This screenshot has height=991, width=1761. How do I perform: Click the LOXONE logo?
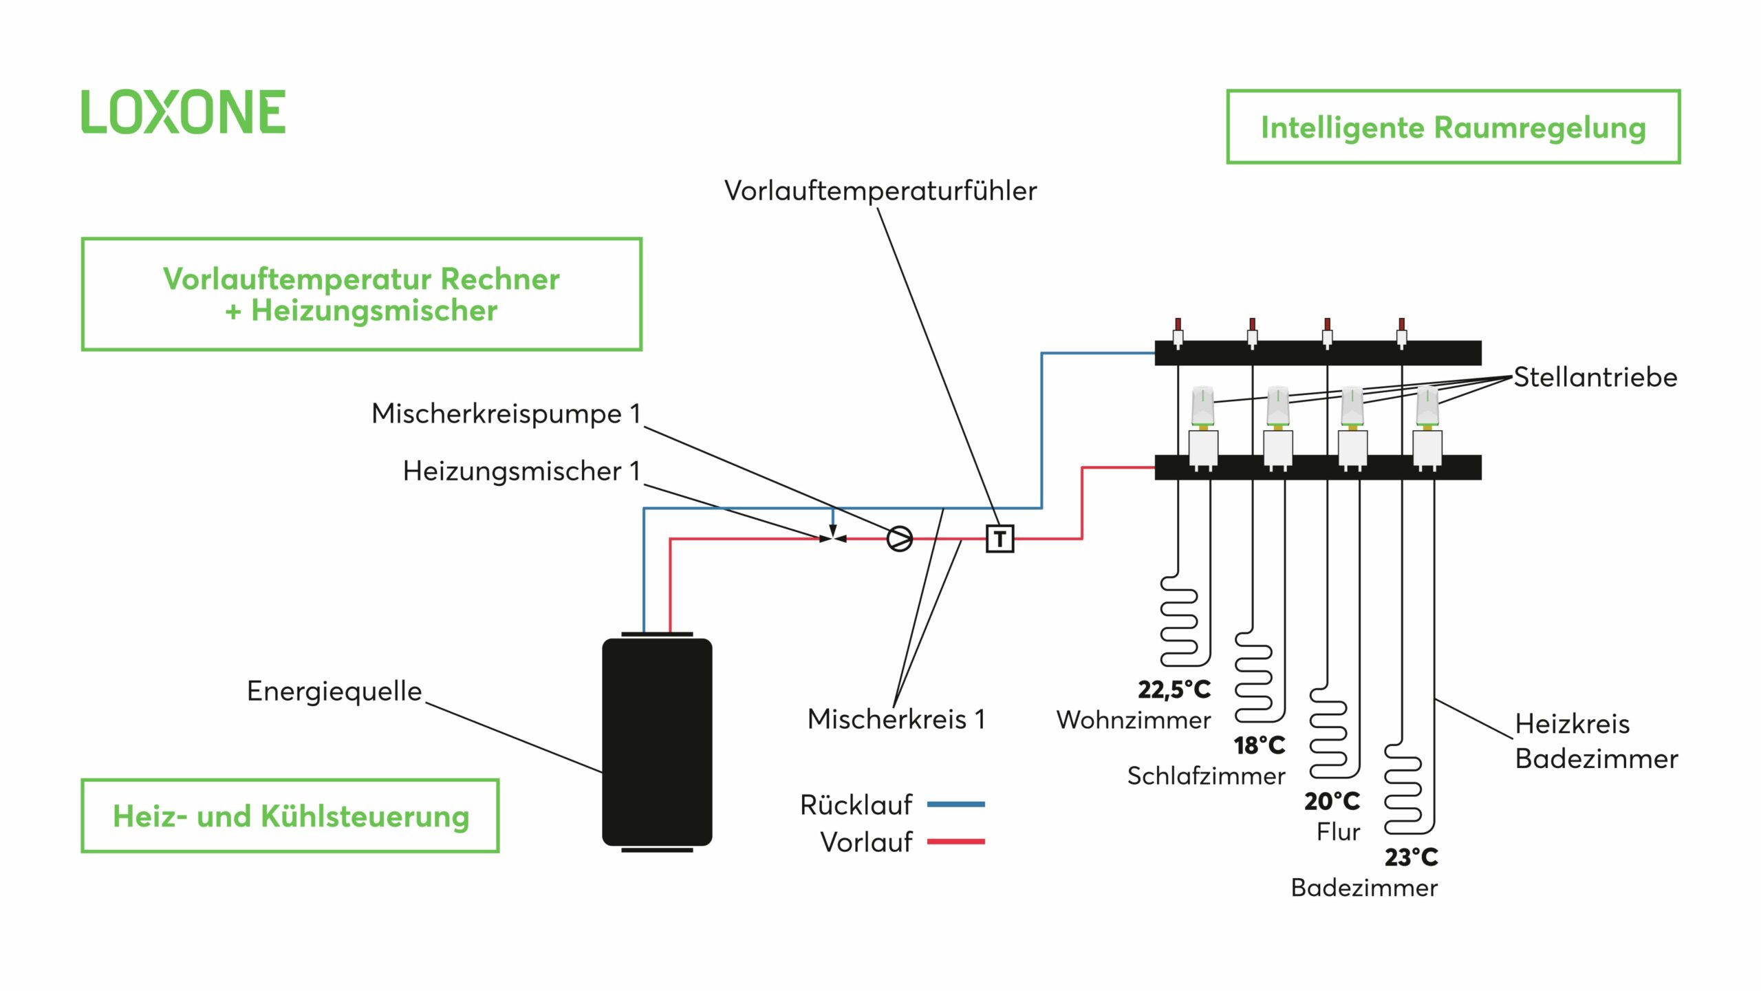tap(183, 111)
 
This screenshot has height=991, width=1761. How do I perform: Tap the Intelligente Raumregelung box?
tap(1453, 127)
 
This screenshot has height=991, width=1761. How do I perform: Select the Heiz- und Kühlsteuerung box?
tap(290, 816)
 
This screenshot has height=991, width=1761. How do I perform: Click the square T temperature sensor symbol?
tap(1000, 539)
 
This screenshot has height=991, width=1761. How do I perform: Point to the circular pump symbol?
tap(899, 539)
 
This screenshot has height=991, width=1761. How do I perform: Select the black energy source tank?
tap(657, 742)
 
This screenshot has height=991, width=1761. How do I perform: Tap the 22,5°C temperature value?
tap(1174, 690)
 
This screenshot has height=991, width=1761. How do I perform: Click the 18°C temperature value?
tap(1259, 745)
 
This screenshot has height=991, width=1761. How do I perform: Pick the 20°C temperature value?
tap(1332, 802)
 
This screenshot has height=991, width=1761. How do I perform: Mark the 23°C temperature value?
tap(1411, 857)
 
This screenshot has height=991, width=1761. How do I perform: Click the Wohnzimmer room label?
tap(1133, 721)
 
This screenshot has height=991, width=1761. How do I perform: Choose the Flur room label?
tap(1338, 832)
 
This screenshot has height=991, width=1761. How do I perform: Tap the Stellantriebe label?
tap(1595, 377)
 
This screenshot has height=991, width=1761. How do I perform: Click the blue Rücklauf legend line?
tap(955, 804)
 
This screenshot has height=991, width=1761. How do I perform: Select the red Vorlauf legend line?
tap(955, 841)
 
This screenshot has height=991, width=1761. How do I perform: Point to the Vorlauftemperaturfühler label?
tap(880, 191)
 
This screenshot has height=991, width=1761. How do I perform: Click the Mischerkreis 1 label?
tap(896, 719)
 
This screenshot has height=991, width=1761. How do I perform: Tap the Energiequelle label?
tap(334, 691)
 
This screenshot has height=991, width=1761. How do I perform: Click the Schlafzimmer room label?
tap(1205, 776)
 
